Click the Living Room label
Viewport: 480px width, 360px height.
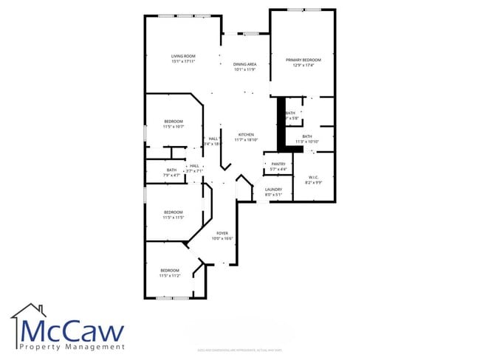pyautogui.click(x=183, y=55)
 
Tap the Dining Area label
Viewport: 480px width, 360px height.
pyautogui.click(x=244, y=64)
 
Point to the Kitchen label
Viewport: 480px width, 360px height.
pyautogui.click(x=246, y=134)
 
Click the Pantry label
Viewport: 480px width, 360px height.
pyautogui.click(x=278, y=164)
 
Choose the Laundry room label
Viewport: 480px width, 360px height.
pyautogui.click(x=273, y=190)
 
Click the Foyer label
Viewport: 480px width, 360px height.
pyautogui.click(x=222, y=233)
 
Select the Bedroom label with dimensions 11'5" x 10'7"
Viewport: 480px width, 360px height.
pyautogui.click(x=174, y=121)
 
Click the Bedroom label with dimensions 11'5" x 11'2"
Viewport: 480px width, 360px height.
pyautogui.click(x=170, y=270)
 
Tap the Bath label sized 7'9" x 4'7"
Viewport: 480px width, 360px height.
pyautogui.click(x=171, y=170)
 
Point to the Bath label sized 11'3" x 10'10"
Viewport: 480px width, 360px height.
pyautogui.click(x=306, y=136)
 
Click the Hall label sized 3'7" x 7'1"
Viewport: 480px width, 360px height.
pyautogui.click(x=195, y=165)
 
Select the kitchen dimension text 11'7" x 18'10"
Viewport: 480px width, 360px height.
pyautogui.click(x=246, y=139)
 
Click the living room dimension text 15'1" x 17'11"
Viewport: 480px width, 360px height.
pyautogui.click(x=183, y=61)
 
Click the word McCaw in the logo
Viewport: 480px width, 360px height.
pyautogui.click(x=72, y=329)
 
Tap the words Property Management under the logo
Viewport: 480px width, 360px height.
pyautogui.click(x=72, y=346)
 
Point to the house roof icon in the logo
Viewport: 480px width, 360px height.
pyautogui.click(x=27, y=312)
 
